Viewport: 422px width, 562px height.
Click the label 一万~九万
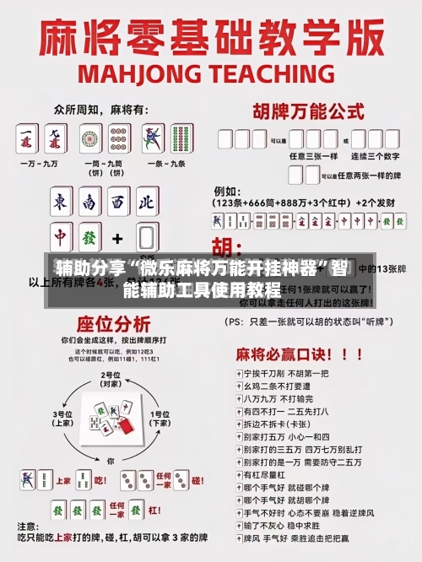(40, 161)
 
